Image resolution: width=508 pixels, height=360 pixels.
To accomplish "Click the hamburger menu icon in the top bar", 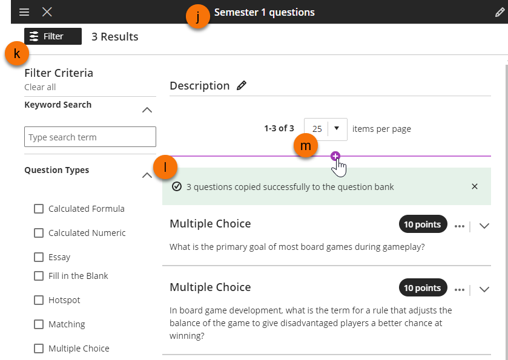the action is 24,12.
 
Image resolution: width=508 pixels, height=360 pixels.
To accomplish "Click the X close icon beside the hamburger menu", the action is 47,12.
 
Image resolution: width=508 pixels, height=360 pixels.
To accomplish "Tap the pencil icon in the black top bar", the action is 500,12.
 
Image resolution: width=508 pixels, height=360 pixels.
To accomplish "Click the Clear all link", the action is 40,87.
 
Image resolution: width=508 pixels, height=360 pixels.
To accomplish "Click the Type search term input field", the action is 90,137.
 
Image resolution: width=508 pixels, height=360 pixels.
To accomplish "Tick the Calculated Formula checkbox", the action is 39,209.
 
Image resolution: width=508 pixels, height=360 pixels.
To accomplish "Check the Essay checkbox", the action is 39,257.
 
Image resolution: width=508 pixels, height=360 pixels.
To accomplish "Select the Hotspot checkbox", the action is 39,300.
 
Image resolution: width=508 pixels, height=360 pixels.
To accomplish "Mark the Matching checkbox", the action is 39,324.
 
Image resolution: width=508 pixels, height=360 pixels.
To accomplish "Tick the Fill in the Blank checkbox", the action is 39,276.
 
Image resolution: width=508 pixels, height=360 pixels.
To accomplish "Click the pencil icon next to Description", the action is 242,85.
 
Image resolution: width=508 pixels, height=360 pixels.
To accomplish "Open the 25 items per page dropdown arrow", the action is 337,128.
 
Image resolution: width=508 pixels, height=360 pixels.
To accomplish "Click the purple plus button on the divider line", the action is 335,156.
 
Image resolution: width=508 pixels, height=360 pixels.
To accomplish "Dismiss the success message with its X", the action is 475,186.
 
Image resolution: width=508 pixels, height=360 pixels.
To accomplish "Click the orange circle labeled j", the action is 198,16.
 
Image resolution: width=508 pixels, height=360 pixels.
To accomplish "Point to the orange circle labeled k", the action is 17,53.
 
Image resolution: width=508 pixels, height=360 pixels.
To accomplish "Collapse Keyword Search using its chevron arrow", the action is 147,110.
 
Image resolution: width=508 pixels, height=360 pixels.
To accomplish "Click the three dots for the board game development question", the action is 460,290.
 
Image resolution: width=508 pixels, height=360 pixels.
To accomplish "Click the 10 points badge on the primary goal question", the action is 423,224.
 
